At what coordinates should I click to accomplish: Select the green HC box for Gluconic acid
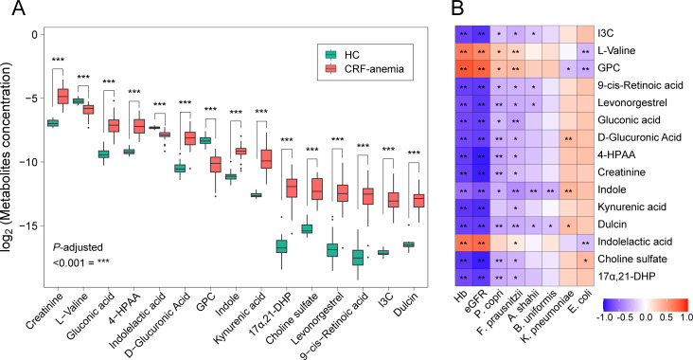(x=104, y=153)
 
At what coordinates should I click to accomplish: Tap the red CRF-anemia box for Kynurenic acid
(x=267, y=159)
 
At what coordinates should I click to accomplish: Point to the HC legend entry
(x=343, y=55)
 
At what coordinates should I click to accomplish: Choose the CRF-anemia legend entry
(x=364, y=68)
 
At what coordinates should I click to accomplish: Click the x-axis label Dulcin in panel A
(x=406, y=304)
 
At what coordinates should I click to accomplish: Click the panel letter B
(x=458, y=9)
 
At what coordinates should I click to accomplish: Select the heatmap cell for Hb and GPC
(x=464, y=68)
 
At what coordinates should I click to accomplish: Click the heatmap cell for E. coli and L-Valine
(x=586, y=51)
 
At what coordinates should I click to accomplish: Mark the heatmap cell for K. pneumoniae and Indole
(x=568, y=189)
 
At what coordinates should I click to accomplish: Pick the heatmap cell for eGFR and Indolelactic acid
(x=481, y=242)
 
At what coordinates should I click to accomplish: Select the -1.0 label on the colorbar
(x=611, y=317)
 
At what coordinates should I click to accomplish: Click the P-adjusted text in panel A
(x=78, y=247)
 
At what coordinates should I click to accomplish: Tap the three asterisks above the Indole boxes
(x=236, y=113)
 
